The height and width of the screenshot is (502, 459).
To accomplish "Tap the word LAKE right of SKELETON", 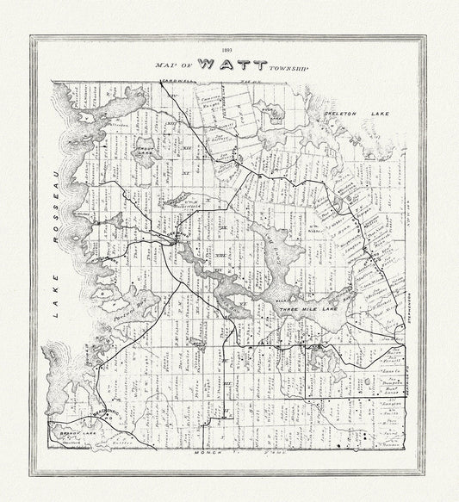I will click(378, 114).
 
